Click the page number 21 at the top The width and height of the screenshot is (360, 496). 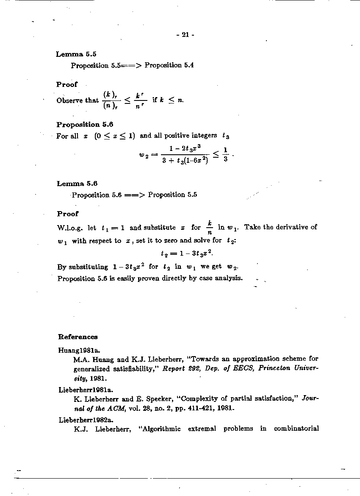[x=185, y=35]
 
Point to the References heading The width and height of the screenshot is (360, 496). [x=78, y=337]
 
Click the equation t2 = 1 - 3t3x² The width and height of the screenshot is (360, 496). [x=187, y=254]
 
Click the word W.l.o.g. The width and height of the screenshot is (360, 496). [x=70, y=227]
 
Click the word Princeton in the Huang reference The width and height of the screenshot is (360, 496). [x=273, y=369]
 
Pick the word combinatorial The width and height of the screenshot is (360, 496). [x=296, y=429]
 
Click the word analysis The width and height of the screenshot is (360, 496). [x=229, y=278]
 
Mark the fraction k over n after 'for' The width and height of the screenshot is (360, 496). [x=209, y=228]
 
